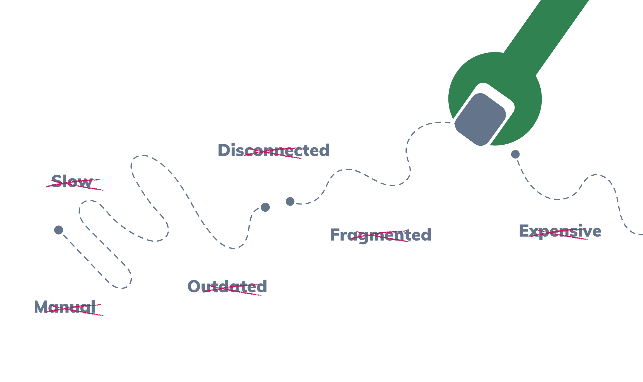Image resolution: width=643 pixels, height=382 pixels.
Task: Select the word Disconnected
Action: (x=273, y=150)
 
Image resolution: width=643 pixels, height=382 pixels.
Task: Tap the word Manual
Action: (x=65, y=307)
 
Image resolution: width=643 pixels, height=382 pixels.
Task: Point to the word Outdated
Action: (x=227, y=287)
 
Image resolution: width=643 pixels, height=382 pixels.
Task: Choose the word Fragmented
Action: (x=380, y=235)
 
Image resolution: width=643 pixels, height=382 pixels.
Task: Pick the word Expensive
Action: (x=560, y=231)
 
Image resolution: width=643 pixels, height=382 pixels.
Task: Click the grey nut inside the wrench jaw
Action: (x=480, y=119)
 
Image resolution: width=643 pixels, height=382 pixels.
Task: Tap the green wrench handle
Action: (x=550, y=34)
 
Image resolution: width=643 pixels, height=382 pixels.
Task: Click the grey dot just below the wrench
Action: (x=515, y=154)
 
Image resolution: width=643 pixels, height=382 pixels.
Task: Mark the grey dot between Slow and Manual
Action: (x=58, y=230)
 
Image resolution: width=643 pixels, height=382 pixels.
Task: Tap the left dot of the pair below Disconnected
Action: (x=265, y=207)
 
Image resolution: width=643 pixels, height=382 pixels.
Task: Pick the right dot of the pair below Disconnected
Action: (x=290, y=201)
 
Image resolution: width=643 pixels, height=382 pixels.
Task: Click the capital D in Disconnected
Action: (x=224, y=150)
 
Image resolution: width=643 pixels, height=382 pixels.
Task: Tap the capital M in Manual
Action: (x=40, y=307)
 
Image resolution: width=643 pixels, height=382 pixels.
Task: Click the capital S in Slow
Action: (x=56, y=182)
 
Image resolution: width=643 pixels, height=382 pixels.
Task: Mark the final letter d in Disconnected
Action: (x=324, y=150)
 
